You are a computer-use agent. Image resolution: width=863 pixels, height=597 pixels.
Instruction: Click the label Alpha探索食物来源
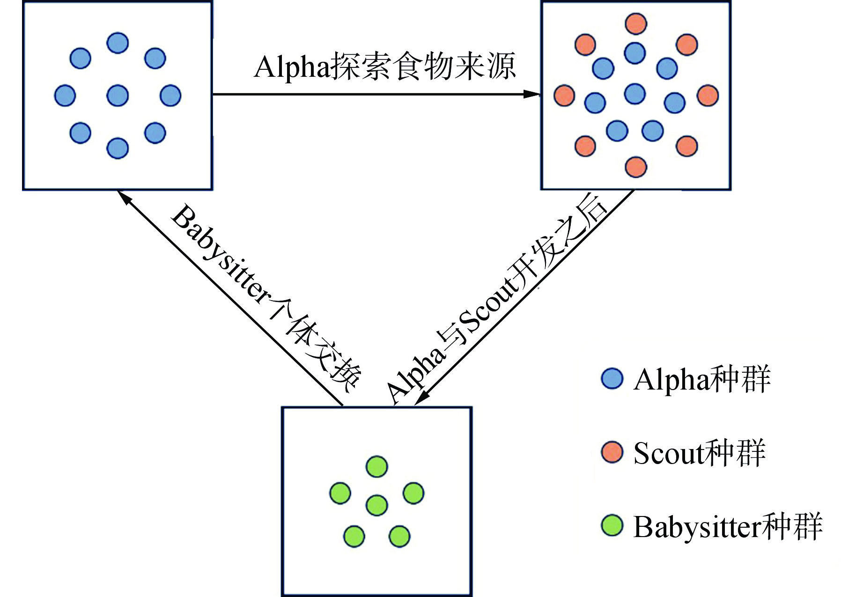click(385, 67)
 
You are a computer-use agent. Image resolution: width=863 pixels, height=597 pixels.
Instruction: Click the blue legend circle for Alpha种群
click(612, 378)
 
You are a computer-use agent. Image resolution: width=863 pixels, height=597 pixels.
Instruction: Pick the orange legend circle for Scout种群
click(612, 452)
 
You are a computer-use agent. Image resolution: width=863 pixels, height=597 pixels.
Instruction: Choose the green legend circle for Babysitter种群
click(612, 526)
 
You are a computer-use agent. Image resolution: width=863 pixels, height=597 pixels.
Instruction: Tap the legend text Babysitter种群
click(728, 527)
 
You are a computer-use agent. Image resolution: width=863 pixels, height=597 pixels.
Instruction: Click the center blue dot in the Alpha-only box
click(118, 96)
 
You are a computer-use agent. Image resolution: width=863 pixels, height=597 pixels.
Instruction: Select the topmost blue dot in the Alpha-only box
click(118, 43)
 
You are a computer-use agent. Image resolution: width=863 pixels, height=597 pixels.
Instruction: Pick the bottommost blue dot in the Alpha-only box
click(118, 148)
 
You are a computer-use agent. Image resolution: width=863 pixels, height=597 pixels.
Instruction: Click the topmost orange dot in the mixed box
click(636, 23)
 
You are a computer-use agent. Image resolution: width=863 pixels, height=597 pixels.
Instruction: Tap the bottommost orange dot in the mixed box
click(636, 167)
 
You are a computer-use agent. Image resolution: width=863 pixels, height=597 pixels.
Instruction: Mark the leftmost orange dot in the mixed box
click(564, 96)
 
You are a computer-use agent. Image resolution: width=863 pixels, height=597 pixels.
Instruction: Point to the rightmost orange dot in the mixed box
click(708, 96)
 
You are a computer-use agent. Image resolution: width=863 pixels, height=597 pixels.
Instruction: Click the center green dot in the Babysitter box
click(376, 505)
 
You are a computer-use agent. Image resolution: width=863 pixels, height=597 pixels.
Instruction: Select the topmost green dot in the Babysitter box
click(376, 467)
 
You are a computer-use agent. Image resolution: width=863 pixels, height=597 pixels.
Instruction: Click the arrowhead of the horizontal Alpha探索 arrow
click(533, 94)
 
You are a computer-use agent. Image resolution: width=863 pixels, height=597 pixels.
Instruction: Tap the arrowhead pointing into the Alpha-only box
click(125, 198)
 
